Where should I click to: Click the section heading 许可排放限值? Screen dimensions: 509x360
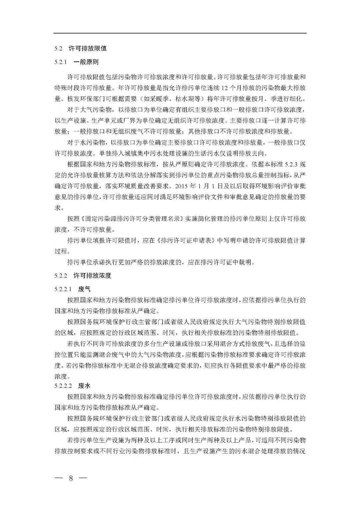pyautogui.click(x=87, y=48)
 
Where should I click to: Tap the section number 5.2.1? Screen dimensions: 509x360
pyautogui.click(x=61, y=62)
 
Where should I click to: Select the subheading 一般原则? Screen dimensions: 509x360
pyautogui.click(x=86, y=62)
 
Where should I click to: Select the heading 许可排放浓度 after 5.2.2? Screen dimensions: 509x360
pyautogui.click(x=92, y=276)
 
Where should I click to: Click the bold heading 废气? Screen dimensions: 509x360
pyautogui.click(x=84, y=289)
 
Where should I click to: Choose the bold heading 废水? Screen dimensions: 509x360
pyautogui.click(x=84, y=386)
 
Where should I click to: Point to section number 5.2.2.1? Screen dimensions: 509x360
pyautogui.click(x=63, y=289)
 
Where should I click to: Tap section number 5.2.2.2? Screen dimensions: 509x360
pyautogui.click(x=63, y=386)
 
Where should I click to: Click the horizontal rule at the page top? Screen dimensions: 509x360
pyautogui.click(x=180, y=33)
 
